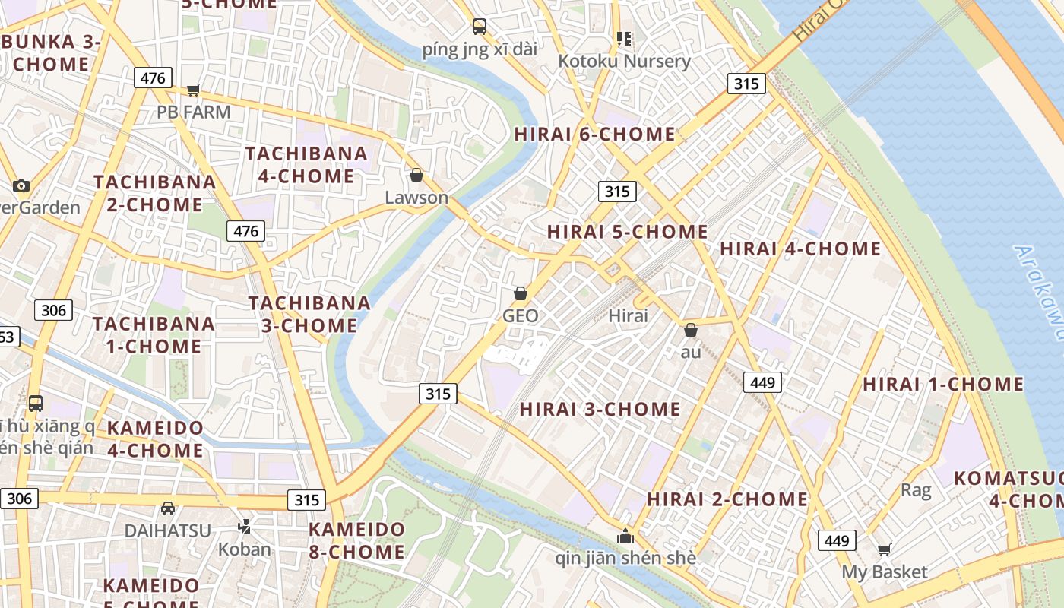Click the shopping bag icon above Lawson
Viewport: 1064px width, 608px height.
click(416, 176)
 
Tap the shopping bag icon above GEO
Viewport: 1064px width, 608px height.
click(521, 293)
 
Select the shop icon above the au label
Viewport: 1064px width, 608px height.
click(690, 330)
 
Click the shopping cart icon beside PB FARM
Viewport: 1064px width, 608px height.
click(193, 90)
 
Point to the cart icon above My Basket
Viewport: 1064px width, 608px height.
click(884, 549)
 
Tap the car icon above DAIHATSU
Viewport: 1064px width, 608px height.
click(168, 508)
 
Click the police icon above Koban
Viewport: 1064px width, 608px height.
click(244, 526)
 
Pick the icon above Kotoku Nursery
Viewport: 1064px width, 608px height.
click(624, 38)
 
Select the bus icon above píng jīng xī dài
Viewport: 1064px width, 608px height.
click(480, 27)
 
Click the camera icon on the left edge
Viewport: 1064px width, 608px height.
click(21, 185)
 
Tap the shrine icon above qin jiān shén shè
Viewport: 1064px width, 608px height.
click(625, 536)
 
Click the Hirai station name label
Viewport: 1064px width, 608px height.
click(629, 315)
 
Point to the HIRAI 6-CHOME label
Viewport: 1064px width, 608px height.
click(594, 135)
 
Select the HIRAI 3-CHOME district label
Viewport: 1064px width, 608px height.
click(600, 409)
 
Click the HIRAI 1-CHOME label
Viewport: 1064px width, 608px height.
click(942, 384)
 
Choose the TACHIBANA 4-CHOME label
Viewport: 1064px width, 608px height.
click(306, 165)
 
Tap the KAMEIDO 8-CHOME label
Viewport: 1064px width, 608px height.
click(356, 540)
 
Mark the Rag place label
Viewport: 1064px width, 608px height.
click(915, 490)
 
